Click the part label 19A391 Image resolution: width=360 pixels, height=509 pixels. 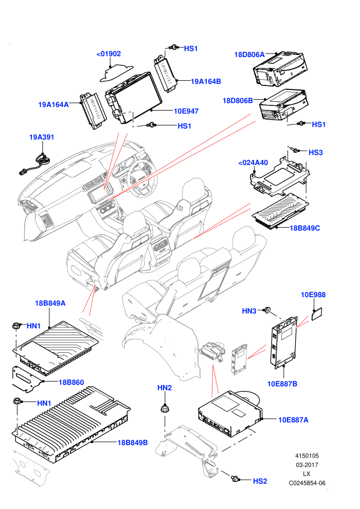point(42,137)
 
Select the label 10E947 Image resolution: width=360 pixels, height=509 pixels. point(186,112)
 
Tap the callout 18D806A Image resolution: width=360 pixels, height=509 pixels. point(249,54)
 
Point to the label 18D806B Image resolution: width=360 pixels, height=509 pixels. point(238,101)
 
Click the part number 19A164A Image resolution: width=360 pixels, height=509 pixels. point(53,104)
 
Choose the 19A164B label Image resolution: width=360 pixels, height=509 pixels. point(206,81)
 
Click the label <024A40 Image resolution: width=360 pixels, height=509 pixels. point(253,162)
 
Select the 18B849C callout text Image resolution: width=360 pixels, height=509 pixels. point(304,228)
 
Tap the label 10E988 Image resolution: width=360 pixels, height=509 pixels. point(313,295)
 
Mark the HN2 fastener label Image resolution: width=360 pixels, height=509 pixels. point(165,388)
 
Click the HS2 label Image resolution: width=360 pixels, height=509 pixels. point(260,481)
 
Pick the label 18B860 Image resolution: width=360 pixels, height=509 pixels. point(71,382)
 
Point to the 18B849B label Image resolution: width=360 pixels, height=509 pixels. point(133,443)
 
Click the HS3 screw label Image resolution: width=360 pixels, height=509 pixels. point(316,153)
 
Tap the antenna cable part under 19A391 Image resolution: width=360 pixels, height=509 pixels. point(35,164)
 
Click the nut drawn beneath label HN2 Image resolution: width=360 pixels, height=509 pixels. point(165,408)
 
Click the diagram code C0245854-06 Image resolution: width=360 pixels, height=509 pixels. point(307,483)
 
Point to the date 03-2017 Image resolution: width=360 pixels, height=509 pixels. point(307,465)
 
